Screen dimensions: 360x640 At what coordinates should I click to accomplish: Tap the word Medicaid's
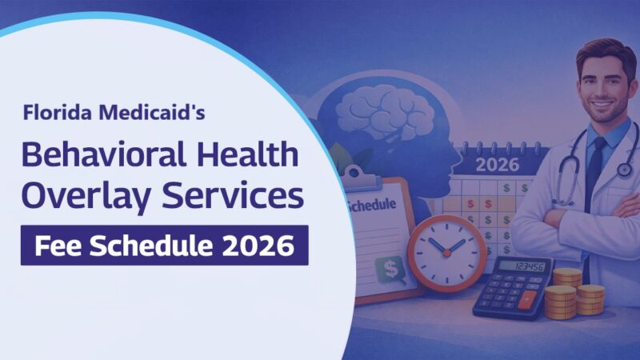click(x=150, y=113)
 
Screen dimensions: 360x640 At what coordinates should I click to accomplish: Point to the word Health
click(x=238, y=154)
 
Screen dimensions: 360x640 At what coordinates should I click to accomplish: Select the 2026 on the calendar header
click(x=498, y=166)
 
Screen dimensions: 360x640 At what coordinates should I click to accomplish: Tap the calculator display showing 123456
click(x=529, y=267)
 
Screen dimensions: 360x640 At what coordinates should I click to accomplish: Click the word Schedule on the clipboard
click(x=373, y=205)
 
